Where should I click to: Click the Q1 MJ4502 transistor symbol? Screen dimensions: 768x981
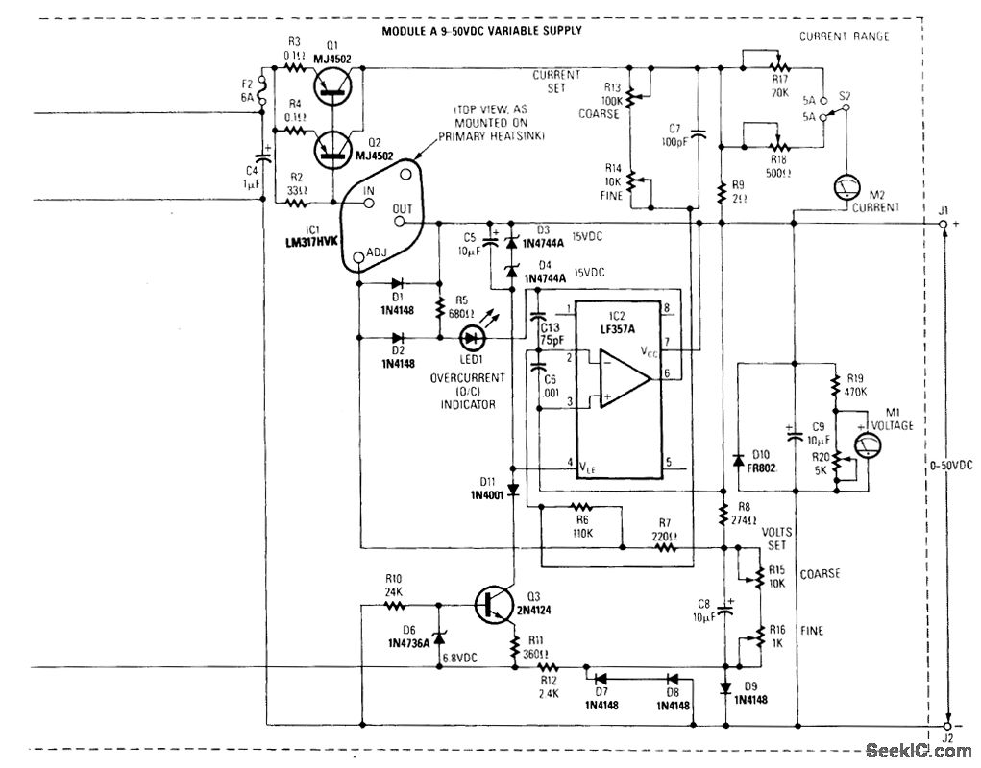[x=332, y=91]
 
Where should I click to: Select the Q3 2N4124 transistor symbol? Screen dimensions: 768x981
[x=493, y=603]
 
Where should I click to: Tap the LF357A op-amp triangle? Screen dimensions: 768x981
[x=625, y=379]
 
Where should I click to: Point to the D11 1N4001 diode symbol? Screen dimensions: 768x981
[x=512, y=490]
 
